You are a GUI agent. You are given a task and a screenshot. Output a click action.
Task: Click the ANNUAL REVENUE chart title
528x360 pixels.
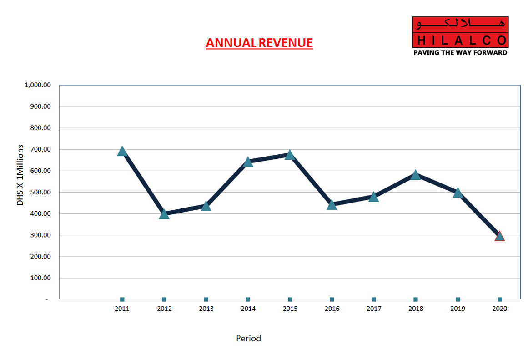click(259, 43)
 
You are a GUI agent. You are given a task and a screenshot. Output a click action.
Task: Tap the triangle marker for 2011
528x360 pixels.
click(122, 151)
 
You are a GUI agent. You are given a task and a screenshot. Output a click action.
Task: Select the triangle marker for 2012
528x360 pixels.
click(164, 214)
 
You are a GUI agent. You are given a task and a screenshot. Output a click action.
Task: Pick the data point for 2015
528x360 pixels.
click(290, 155)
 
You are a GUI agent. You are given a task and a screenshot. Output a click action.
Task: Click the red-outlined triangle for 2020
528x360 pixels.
click(499, 236)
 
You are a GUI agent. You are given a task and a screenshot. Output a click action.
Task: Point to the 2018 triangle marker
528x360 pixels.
click(415, 175)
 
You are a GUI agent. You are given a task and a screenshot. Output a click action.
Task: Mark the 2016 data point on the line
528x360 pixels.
click(332, 204)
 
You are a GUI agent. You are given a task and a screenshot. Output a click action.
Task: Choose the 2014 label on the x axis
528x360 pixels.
click(248, 309)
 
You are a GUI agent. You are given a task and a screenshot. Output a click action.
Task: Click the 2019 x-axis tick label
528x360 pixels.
click(458, 309)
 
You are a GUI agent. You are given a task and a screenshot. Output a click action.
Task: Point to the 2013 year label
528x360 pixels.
click(206, 309)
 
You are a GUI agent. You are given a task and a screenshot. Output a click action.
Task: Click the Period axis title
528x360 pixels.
click(248, 338)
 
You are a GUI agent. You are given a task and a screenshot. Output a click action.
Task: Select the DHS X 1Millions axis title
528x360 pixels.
click(20, 175)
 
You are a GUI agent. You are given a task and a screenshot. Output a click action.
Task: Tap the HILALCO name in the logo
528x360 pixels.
click(460, 40)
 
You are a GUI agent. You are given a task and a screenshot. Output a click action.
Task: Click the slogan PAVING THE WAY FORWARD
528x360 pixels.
click(460, 52)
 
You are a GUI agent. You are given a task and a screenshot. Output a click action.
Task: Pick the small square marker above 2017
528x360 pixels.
click(373, 299)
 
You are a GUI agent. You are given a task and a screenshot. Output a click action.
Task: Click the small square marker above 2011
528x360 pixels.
click(122, 299)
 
